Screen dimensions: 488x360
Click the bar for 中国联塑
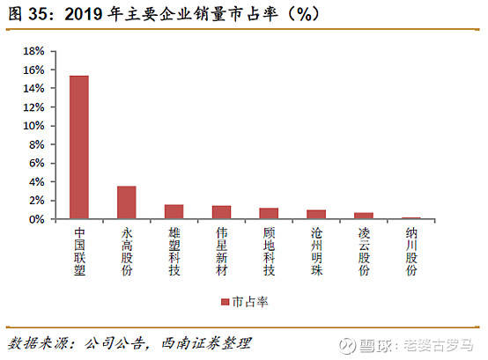pos(79,147)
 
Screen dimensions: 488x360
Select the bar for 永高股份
pos(127,202)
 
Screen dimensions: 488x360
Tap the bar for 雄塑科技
pos(174,212)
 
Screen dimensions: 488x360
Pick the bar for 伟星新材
pos(222,212)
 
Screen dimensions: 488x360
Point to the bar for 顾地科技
pos(269,213)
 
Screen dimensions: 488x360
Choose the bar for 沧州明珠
pos(316,214)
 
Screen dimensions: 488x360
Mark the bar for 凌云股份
pos(364,216)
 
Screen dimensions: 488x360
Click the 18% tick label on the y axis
pos(33,51)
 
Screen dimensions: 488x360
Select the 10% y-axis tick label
pos(33,126)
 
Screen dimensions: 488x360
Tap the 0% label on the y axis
pos(37,219)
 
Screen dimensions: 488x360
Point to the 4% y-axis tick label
pos(37,182)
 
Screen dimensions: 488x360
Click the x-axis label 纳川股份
pos(411,252)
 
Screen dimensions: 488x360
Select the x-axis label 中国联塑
pos(79,252)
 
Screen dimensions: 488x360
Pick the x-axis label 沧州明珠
pos(316,252)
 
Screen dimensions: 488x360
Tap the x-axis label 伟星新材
pos(222,252)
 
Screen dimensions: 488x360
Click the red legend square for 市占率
pos(225,302)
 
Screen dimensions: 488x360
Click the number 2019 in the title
pos(83,14)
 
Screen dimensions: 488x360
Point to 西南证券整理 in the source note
pos(206,343)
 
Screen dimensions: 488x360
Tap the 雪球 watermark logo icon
pos(347,345)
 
